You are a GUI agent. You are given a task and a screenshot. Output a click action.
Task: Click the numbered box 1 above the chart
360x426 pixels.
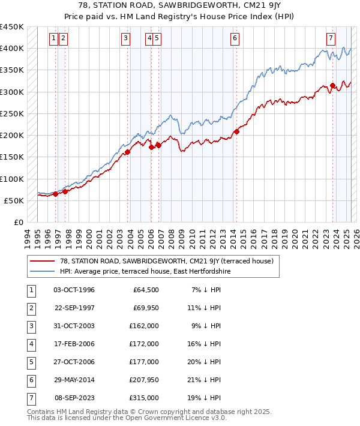[x=54, y=38]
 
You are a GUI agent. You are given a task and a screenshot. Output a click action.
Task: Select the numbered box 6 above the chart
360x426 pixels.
[x=235, y=38]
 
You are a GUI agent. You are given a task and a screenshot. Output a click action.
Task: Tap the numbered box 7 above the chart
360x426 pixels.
[x=331, y=38]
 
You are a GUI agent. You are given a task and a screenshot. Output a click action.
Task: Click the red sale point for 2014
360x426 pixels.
[x=237, y=131]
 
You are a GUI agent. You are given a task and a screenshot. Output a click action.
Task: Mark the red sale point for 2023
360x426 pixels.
[x=333, y=86]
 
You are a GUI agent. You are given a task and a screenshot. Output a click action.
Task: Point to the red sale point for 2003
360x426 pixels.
[x=128, y=152]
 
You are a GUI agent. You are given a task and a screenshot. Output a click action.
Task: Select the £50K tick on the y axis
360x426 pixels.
[x=14, y=200]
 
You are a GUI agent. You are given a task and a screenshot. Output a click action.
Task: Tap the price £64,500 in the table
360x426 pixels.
[x=145, y=290]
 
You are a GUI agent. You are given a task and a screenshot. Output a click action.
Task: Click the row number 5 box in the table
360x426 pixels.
[x=31, y=362]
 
